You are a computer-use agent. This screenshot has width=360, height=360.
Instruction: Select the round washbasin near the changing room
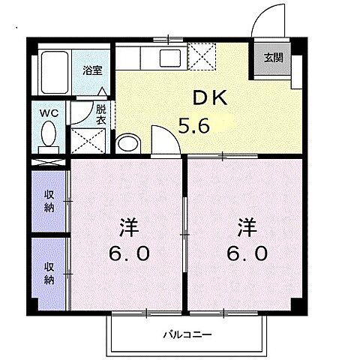pos(128,143)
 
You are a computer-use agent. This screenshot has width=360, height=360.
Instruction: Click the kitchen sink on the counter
pos(166,56)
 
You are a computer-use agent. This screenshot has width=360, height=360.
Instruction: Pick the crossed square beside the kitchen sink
pos(202,55)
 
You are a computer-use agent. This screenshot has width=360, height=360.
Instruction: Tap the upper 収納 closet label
pos(49,201)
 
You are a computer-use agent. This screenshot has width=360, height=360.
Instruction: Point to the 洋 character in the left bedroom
pos(128,226)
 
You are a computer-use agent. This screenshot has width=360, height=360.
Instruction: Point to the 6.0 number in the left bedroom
pos(128,253)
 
